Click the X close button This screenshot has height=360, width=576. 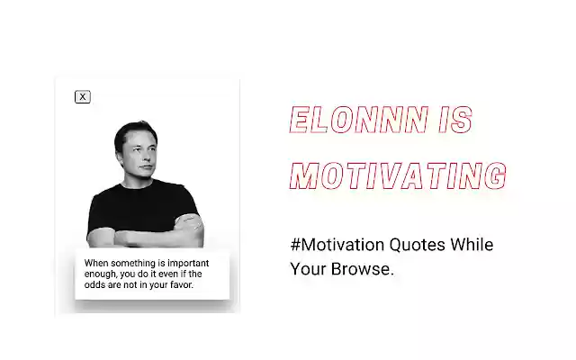pos(83,96)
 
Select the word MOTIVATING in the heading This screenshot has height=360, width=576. pos(397,175)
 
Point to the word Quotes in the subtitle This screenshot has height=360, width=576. pos(418,245)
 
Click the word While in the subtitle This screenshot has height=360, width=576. pos(473,245)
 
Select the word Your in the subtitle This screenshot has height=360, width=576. pos(306,268)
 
